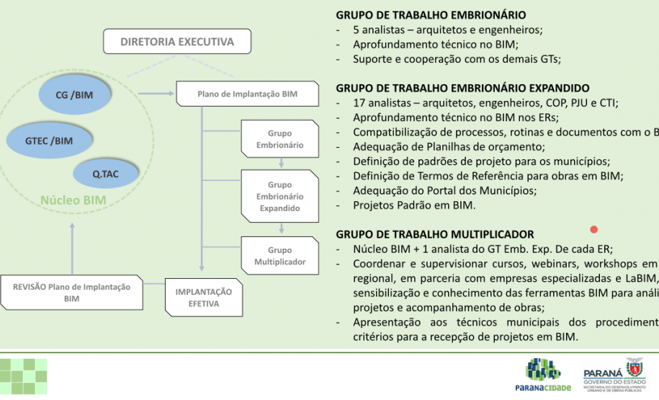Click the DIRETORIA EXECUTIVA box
point(177,42)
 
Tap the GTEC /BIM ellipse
point(49,140)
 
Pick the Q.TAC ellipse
point(105,174)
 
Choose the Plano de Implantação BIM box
point(247,94)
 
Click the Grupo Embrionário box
point(279,139)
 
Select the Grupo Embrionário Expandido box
point(279,196)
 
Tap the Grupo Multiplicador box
point(279,255)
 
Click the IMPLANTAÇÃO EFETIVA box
point(204,298)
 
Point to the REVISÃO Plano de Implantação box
point(71,292)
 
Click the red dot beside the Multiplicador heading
point(594,230)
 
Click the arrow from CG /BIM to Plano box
point(154,93)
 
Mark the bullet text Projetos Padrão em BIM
point(414,205)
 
